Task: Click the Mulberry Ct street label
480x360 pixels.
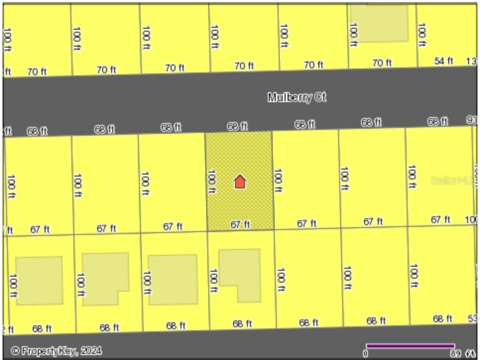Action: (297, 97)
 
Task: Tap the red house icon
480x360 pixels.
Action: (240, 181)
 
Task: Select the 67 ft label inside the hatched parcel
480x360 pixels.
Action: (240, 225)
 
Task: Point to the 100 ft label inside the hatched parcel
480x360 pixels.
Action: (212, 181)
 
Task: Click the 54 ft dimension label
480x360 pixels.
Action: (443, 61)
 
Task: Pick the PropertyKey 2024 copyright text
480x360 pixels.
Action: (56, 351)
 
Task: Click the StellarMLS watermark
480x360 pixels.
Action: (452, 180)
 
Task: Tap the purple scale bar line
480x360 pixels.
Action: (410, 345)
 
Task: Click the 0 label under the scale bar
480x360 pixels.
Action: (366, 354)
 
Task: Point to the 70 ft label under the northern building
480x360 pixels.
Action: (382, 63)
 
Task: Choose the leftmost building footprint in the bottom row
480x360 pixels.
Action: (39, 280)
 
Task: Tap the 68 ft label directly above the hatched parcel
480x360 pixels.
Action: (237, 126)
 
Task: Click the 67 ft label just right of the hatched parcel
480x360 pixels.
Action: (306, 224)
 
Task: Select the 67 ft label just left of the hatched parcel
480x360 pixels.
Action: (173, 227)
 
